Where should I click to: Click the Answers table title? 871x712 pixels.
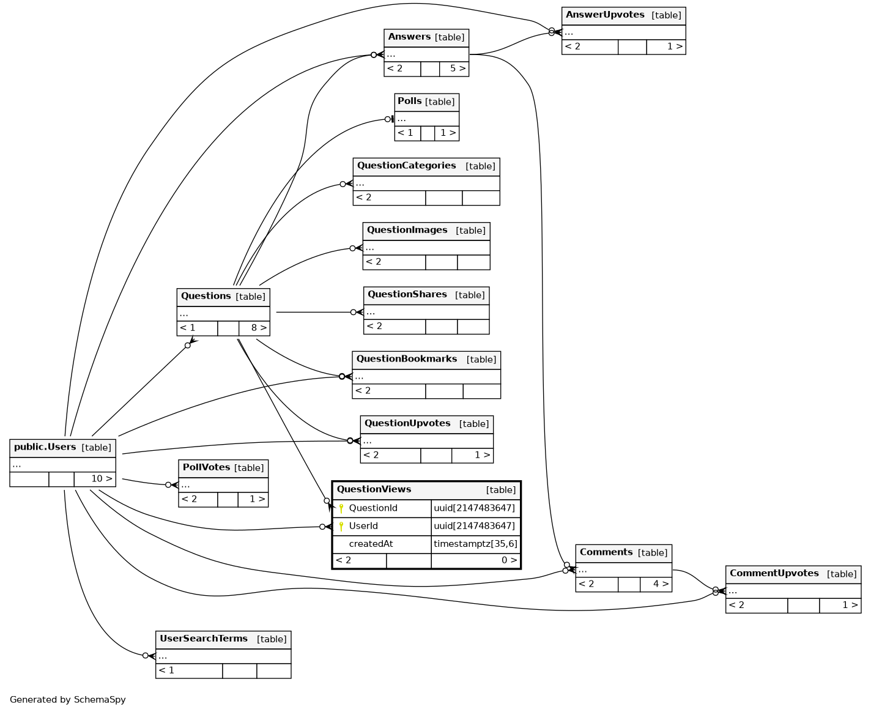tap(409, 37)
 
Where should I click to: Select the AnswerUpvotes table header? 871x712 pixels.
tap(604, 15)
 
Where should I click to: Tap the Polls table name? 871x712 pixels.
tap(409, 102)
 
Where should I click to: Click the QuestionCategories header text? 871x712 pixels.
tap(406, 166)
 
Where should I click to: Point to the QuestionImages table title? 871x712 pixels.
tap(407, 231)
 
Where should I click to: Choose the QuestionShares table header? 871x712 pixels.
tap(407, 295)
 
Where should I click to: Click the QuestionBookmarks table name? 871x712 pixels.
tap(406, 359)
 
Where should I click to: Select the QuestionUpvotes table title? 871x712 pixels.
tap(407, 423)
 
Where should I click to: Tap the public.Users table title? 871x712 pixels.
tap(45, 447)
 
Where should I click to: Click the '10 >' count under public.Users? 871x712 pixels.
tap(102, 479)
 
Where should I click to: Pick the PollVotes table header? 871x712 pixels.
tap(206, 467)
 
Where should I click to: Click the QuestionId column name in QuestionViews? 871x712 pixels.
tap(373, 508)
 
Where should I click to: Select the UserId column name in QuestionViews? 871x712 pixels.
tap(363, 526)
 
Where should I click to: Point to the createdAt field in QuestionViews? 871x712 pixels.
tap(371, 544)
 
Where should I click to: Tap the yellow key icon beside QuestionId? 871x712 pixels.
tap(341, 508)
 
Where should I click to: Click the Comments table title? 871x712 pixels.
tap(606, 552)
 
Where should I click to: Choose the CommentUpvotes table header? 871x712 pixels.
tap(774, 574)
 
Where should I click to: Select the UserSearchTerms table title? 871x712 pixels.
tap(204, 639)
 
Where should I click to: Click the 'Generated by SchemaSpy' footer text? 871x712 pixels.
tap(68, 700)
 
